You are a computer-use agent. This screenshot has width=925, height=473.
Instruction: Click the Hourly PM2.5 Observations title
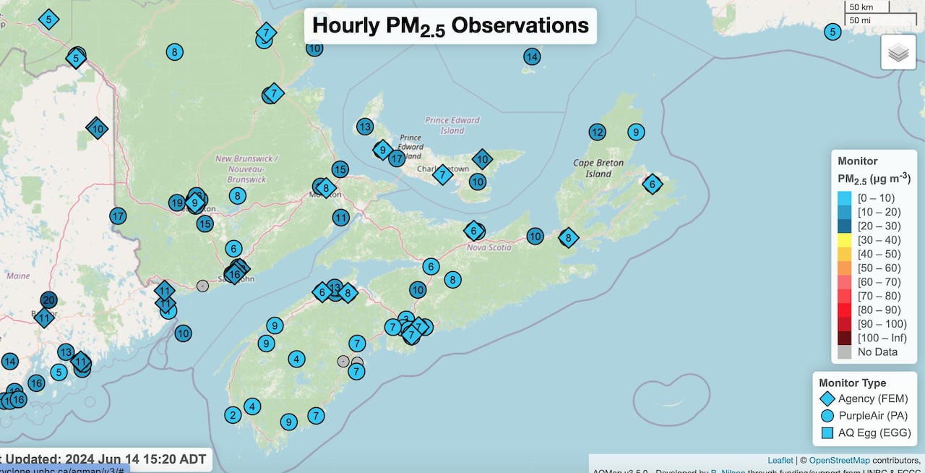pos(450,26)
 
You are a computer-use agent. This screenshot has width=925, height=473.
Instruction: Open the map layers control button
pos(898,52)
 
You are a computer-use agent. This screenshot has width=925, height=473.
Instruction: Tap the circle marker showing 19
pos(176,203)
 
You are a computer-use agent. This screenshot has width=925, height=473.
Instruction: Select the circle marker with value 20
pos(48,299)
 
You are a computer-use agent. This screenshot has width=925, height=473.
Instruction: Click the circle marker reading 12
pos(597,132)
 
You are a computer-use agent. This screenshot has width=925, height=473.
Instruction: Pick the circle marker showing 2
pos(232,415)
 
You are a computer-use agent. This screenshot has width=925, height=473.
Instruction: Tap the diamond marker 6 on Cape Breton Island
pos(653,184)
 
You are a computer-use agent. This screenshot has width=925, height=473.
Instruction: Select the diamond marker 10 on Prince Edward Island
pos(482,159)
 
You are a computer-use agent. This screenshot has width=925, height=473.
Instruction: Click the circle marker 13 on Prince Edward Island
pos(365,127)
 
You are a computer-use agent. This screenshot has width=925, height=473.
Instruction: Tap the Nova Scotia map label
pos(489,247)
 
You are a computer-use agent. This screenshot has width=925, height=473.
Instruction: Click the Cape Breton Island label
pos(598,169)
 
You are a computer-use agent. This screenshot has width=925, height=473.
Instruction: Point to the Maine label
pos(18,276)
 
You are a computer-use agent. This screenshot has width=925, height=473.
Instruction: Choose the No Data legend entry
pos(877,352)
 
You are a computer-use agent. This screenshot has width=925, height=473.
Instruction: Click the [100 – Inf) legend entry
pos(882,338)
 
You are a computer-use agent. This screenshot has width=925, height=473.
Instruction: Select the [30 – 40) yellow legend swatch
pos(844,240)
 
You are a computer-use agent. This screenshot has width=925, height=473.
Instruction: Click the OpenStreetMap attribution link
pos(843,460)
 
